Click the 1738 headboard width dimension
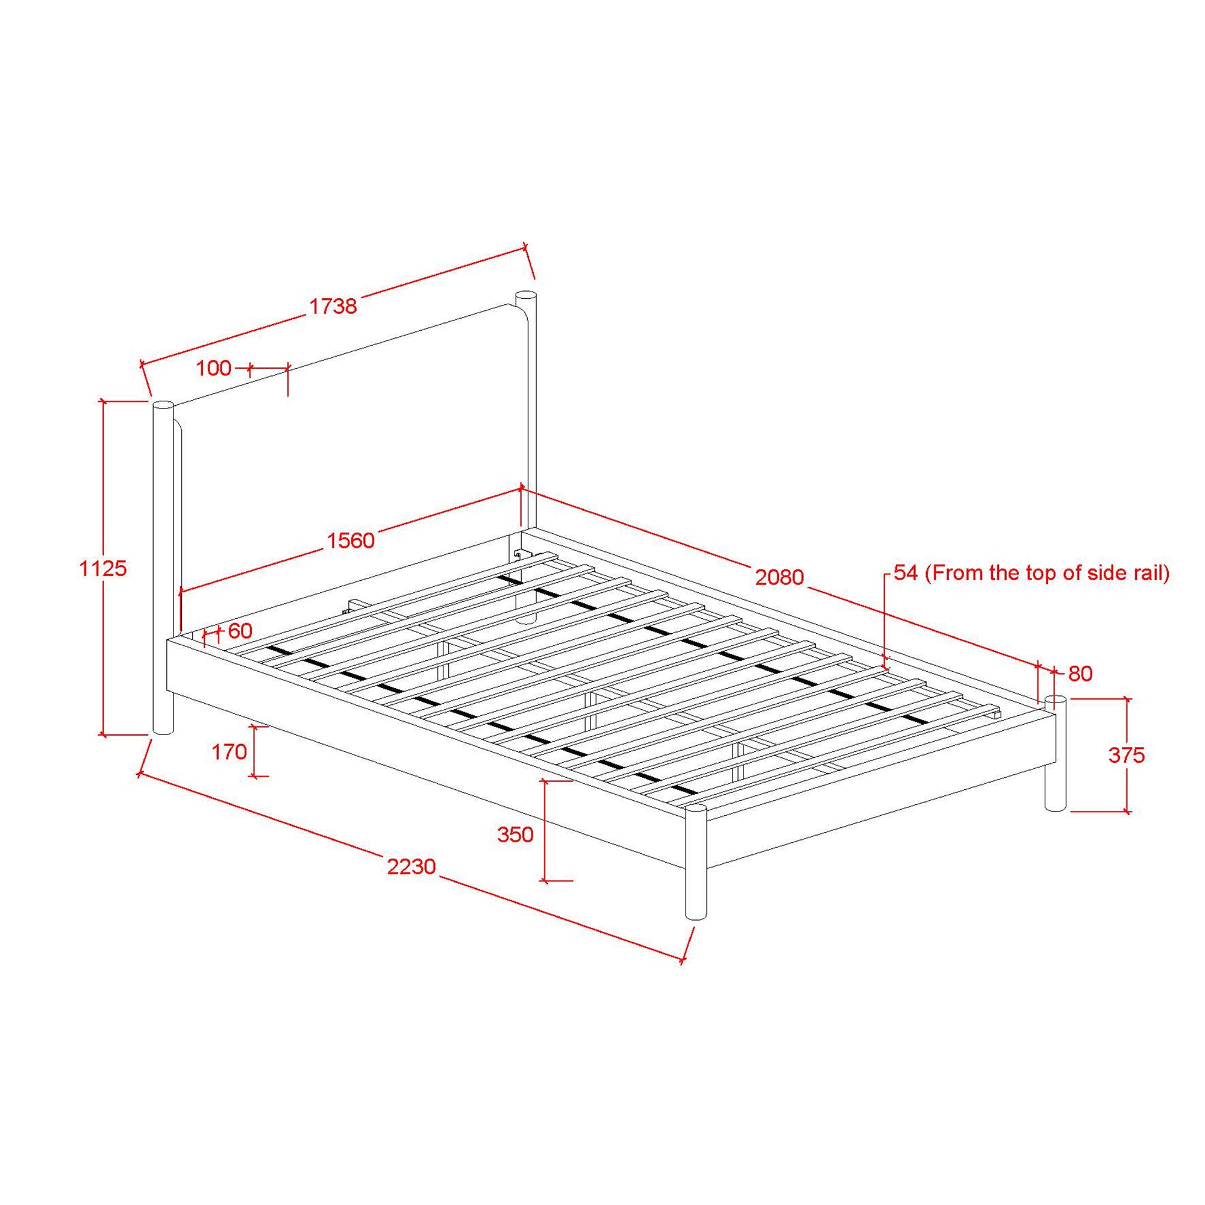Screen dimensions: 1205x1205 point(333,305)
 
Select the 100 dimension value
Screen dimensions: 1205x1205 point(213,368)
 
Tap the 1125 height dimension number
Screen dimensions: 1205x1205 point(103,568)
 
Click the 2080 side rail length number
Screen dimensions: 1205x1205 point(780,578)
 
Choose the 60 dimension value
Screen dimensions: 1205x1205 point(240,631)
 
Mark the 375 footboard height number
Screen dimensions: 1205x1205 point(1127,756)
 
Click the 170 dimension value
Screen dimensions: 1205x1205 point(230,752)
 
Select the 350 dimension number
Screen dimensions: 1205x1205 point(515,834)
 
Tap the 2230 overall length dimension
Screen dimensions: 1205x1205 point(411,866)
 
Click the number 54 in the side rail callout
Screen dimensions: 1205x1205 point(906,573)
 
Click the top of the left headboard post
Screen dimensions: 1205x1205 point(163,405)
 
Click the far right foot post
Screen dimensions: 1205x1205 point(1056,755)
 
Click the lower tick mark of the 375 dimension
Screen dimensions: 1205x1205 point(1127,812)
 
